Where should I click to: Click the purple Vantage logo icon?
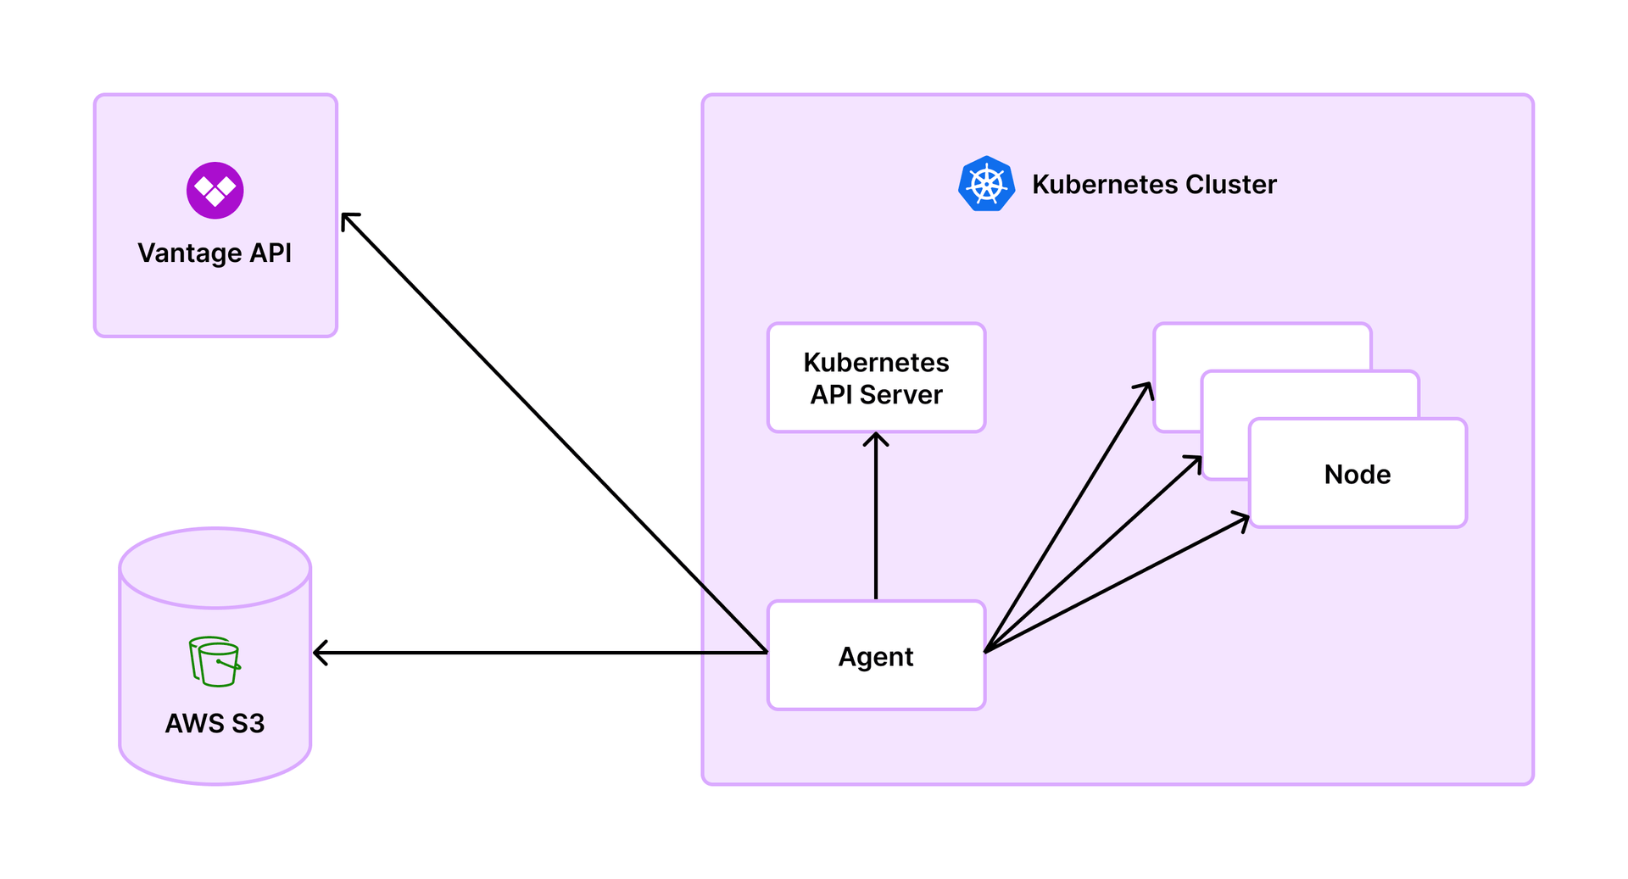(215, 191)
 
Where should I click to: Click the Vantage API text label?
(215, 253)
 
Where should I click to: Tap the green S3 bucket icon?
(215, 661)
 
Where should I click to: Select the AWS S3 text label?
(215, 723)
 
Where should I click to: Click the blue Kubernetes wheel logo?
(986, 184)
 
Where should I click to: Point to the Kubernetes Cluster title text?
(1153, 184)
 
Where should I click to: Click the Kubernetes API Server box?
(876, 377)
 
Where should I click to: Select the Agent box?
(876, 655)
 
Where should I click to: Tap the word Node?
(1357, 474)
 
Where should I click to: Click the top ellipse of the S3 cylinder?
(215, 568)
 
